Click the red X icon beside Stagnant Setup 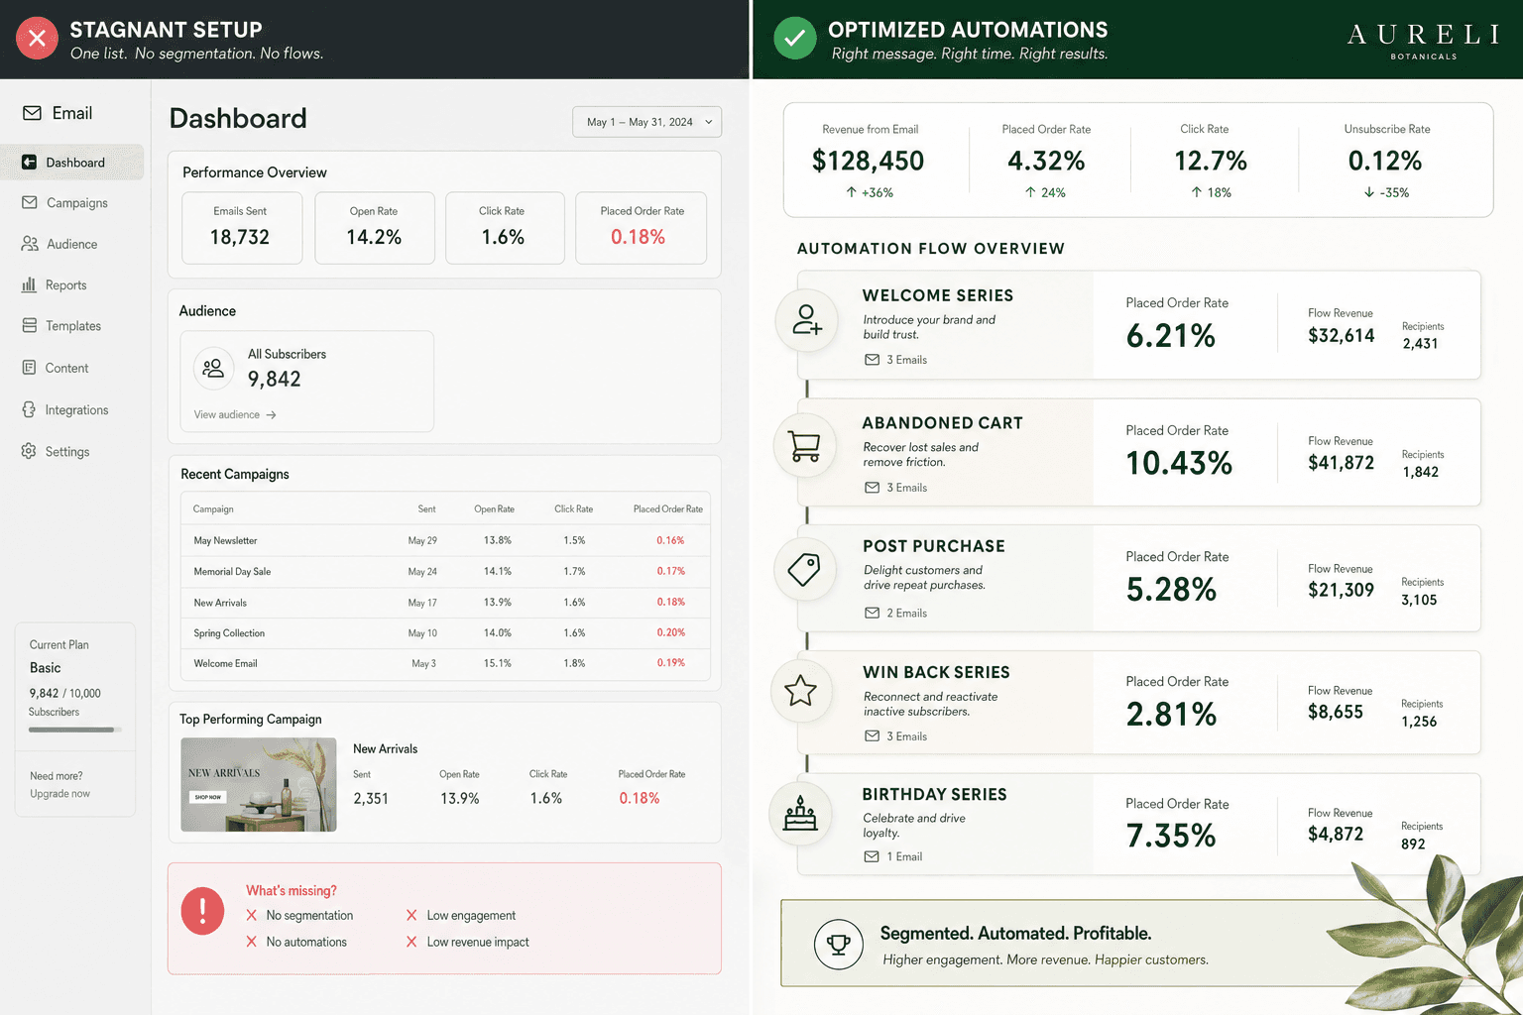click(37, 38)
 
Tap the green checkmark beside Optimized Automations click(795, 38)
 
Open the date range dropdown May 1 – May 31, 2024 click(646, 122)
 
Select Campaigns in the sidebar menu click(76, 202)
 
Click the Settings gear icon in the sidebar click(29, 451)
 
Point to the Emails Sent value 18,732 click(239, 237)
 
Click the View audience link click(235, 414)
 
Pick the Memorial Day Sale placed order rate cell click(670, 571)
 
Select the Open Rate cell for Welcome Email click(497, 663)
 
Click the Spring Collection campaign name click(229, 633)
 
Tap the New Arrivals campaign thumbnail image click(259, 784)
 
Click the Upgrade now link click(59, 793)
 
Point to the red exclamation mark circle click(202, 911)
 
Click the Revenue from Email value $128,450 click(868, 161)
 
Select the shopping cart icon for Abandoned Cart click(805, 446)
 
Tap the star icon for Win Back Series click(800, 691)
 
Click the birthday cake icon click(800, 813)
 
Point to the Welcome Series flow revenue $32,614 click(1341, 335)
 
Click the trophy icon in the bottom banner click(838, 945)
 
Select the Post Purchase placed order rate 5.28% click(1171, 590)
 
